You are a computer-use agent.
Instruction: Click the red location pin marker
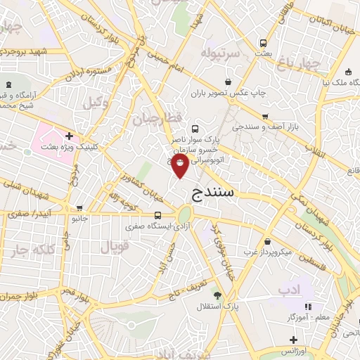click(181, 165)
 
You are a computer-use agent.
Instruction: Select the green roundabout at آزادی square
click(185, 215)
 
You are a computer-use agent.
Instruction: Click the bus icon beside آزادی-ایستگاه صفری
click(157, 215)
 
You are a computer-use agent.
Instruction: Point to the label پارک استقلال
click(226, 307)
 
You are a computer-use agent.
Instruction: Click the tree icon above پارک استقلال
click(217, 295)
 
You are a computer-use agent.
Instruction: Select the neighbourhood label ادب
click(290, 290)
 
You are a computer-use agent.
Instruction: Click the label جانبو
click(79, 219)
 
